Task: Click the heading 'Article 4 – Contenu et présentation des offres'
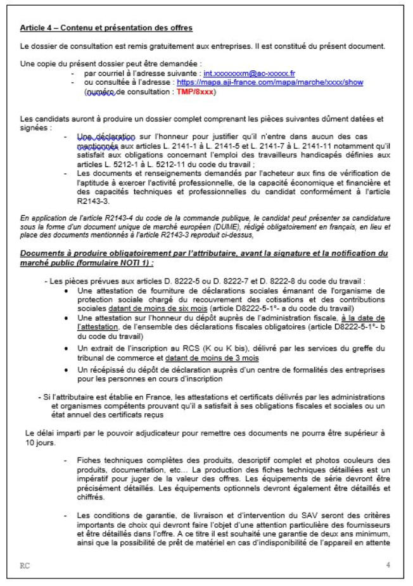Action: (x=106, y=28)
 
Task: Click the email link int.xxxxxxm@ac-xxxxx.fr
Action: (x=249, y=74)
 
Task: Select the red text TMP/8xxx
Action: (x=199, y=92)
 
